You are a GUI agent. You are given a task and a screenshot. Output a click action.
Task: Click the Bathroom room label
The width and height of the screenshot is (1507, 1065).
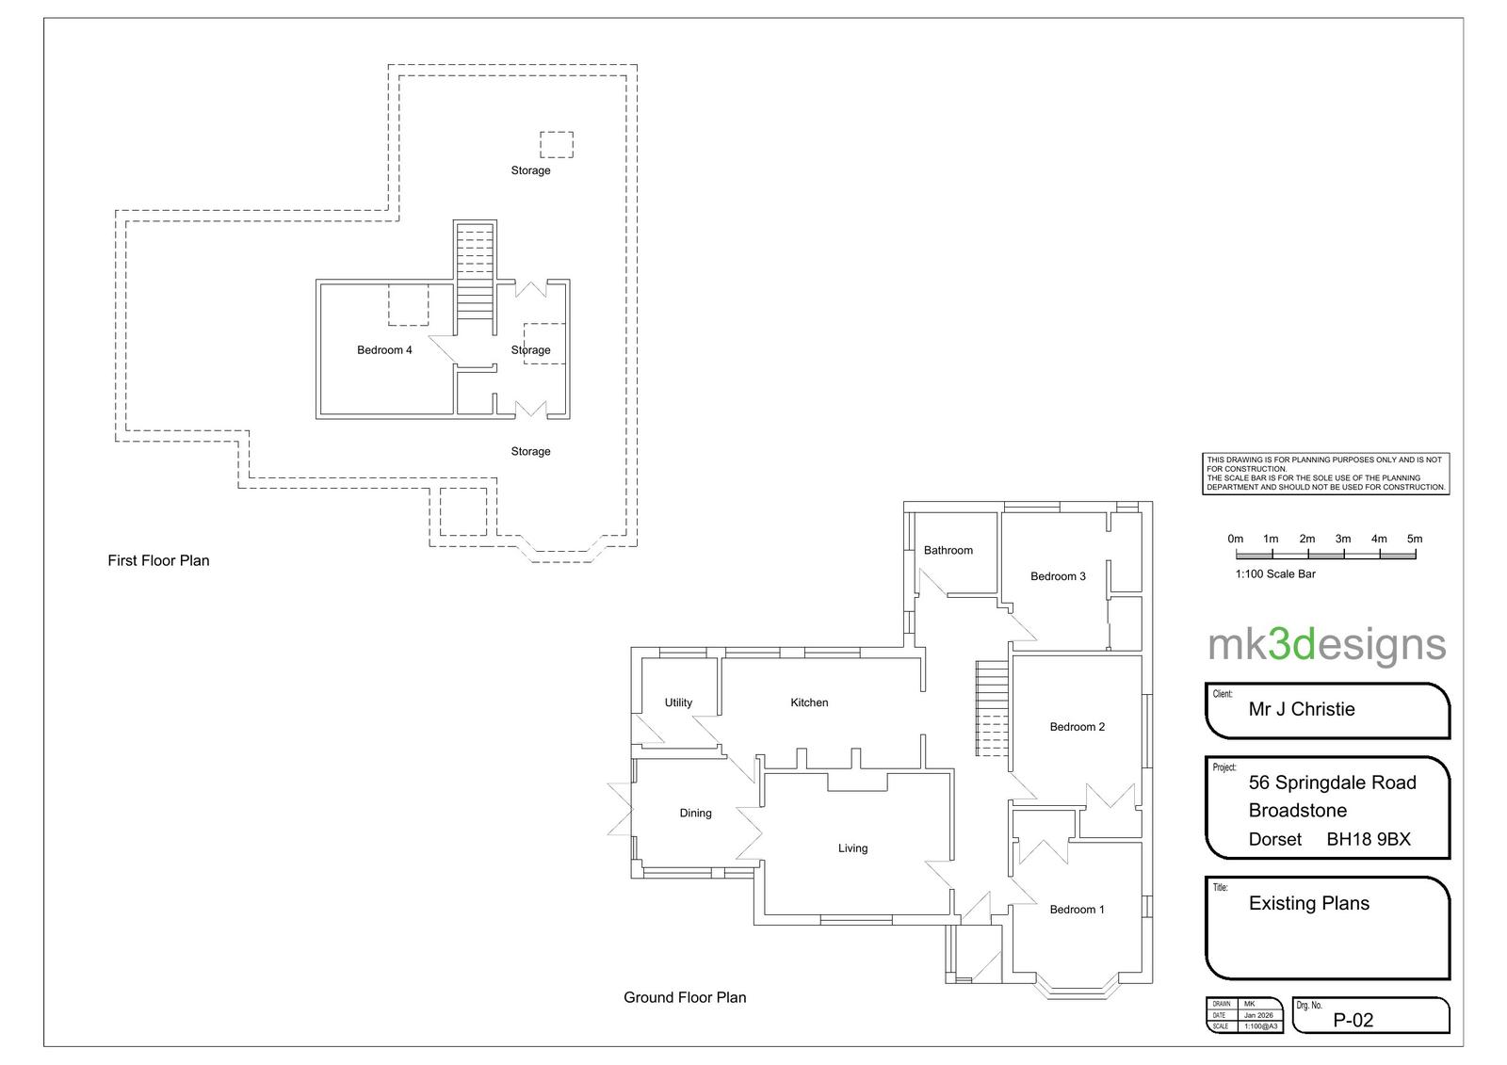[948, 550]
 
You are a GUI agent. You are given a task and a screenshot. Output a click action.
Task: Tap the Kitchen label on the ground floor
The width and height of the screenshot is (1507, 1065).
[809, 702]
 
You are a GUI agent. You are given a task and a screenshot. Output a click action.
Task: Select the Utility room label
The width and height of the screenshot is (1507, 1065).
[678, 702]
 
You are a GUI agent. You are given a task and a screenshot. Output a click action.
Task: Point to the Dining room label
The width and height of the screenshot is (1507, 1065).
[695, 813]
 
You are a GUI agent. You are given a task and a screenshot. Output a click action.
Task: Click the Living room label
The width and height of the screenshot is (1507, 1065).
[852, 848]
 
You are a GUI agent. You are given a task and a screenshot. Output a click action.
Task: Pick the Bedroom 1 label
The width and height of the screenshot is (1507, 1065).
[1078, 910]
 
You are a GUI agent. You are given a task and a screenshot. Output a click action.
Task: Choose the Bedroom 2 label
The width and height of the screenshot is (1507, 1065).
[1078, 727]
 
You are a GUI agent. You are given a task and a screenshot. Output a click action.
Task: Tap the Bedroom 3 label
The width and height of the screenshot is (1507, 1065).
[1058, 576]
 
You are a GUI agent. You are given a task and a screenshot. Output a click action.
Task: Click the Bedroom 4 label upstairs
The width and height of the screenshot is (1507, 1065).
[384, 350]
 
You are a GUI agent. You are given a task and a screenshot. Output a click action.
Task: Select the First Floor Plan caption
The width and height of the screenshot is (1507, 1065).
[158, 560]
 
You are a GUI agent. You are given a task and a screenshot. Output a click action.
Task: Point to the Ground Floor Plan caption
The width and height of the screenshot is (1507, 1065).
[685, 997]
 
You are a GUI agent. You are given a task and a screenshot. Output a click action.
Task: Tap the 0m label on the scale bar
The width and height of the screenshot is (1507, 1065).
[1235, 539]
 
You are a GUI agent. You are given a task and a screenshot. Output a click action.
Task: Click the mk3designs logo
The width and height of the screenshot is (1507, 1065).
[1327, 645]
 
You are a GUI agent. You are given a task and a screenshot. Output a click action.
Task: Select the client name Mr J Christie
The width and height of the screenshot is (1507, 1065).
[1302, 709]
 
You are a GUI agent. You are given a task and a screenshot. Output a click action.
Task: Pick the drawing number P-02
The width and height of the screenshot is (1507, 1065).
[1353, 1020]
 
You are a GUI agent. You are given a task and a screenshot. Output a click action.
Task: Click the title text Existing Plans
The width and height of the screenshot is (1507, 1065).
[1309, 903]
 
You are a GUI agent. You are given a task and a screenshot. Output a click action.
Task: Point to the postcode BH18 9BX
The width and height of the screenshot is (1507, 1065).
[1369, 839]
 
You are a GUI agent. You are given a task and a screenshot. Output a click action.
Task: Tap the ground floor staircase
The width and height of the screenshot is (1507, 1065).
[993, 708]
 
